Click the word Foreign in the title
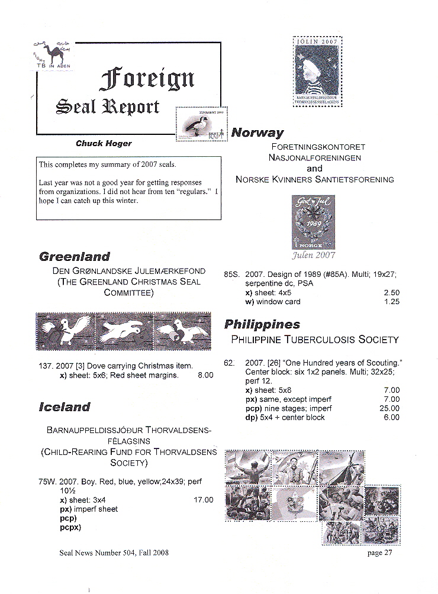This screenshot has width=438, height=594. click(148, 79)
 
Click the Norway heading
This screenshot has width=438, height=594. click(257, 133)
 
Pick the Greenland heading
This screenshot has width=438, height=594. click(75, 257)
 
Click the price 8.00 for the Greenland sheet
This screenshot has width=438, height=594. click(205, 375)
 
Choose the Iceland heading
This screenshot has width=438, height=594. click(65, 407)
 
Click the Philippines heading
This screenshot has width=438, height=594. click(262, 324)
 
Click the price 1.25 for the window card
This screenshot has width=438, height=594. click(391, 302)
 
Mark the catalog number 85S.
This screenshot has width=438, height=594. click(231, 275)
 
